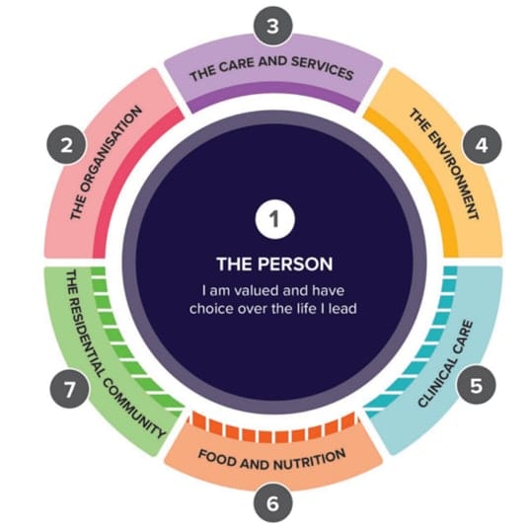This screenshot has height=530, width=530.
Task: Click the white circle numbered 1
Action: [x=275, y=219]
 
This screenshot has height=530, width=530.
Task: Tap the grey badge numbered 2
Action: [x=66, y=145]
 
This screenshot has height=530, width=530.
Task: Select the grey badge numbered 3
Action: [x=272, y=26]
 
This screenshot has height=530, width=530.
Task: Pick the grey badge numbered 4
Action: [x=482, y=145]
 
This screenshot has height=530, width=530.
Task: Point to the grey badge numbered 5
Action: [x=477, y=385]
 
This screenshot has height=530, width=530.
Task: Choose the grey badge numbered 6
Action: [x=272, y=503]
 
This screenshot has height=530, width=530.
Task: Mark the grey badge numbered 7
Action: [x=70, y=388]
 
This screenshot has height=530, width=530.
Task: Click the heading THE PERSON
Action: [x=274, y=264]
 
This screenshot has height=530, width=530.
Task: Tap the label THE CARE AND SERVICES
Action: [x=271, y=69]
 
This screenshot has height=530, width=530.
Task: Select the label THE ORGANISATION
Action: [x=106, y=163]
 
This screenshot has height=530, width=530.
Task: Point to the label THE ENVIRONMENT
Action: [x=444, y=164]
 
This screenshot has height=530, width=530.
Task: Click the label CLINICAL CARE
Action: [x=445, y=364]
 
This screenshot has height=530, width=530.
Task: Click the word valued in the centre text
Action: [x=258, y=290]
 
